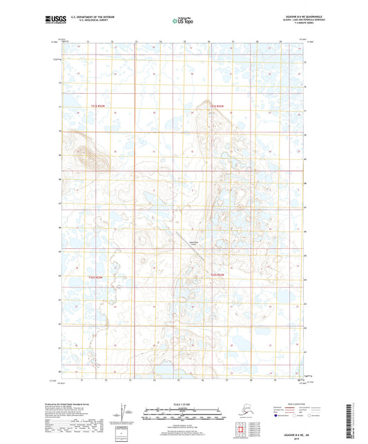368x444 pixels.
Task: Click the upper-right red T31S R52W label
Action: coord(217,105)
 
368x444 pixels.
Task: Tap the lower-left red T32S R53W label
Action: coord(98,277)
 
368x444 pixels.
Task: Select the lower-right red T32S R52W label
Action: coord(217,275)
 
